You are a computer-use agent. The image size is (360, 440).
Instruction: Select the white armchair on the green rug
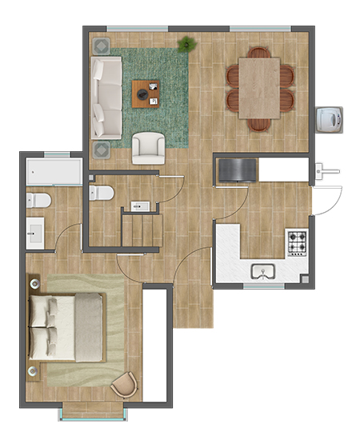tap(149, 146)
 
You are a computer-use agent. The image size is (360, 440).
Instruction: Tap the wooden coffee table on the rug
tap(147, 93)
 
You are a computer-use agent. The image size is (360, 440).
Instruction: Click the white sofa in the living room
tap(106, 96)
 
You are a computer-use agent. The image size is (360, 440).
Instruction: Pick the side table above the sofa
tap(102, 46)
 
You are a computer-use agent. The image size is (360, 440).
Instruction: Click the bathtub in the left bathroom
tap(54, 172)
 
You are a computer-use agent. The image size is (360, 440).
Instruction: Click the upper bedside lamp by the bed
tap(35, 282)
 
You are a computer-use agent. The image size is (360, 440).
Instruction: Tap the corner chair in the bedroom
tap(123, 385)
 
